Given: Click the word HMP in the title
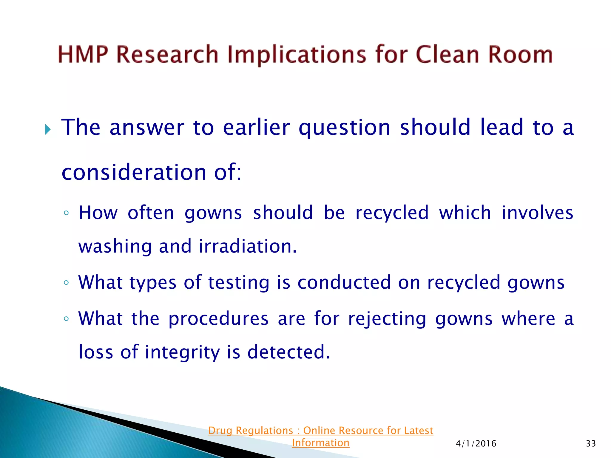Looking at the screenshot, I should click(83, 55).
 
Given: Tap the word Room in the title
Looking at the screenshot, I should click(520, 55).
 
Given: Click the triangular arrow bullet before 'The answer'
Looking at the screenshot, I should click(48, 129).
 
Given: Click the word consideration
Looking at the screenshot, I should click(134, 172).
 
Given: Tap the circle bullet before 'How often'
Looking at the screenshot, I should click(66, 213).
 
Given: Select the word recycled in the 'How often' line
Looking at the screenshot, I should click(392, 213).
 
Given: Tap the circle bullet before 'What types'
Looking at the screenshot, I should click(66, 282).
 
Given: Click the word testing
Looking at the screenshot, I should click(238, 283).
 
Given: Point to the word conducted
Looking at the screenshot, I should click(344, 282).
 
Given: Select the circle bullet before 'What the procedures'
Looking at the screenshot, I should click(66, 318).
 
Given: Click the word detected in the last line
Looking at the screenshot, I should click(288, 352).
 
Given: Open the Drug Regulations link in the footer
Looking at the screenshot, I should click(320, 431).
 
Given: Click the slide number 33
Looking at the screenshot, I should click(591, 444).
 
